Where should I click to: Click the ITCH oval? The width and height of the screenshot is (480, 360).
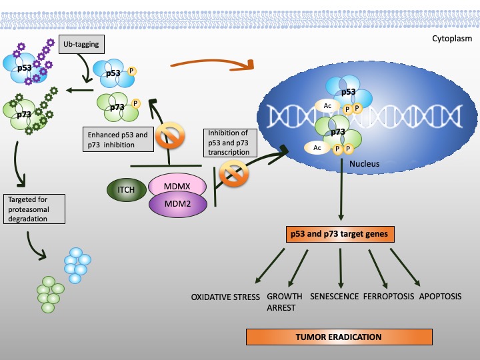click(127, 190)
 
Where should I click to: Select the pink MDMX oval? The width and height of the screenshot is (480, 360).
click(177, 185)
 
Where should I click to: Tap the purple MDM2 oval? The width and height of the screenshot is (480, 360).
click(178, 204)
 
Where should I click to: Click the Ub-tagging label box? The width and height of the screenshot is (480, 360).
click(81, 44)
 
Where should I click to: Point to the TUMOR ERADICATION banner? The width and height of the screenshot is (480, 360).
click(339, 337)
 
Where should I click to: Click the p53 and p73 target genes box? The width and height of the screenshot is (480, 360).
click(340, 234)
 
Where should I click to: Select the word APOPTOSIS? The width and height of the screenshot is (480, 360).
click(440, 296)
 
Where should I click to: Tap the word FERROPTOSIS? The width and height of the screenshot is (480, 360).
click(389, 296)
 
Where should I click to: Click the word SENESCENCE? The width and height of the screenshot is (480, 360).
click(334, 296)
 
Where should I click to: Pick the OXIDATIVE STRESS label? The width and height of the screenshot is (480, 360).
click(225, 297)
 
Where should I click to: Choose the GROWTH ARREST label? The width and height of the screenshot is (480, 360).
click(285, 302)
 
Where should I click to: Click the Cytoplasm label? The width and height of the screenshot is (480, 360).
click(452, 39)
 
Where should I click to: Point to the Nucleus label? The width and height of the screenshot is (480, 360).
click(364, 164)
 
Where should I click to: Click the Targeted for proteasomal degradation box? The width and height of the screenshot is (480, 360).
click(34, 209)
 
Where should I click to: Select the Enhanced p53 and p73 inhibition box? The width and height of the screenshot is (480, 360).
click(118, 139)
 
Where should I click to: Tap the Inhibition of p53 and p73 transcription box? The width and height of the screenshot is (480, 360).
click(230, 143)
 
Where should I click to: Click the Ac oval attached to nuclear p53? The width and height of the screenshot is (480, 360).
click(327, 106)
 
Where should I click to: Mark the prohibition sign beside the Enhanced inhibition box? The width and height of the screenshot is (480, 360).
click(170, 135)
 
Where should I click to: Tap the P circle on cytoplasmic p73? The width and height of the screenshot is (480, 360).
click(135, 103)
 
